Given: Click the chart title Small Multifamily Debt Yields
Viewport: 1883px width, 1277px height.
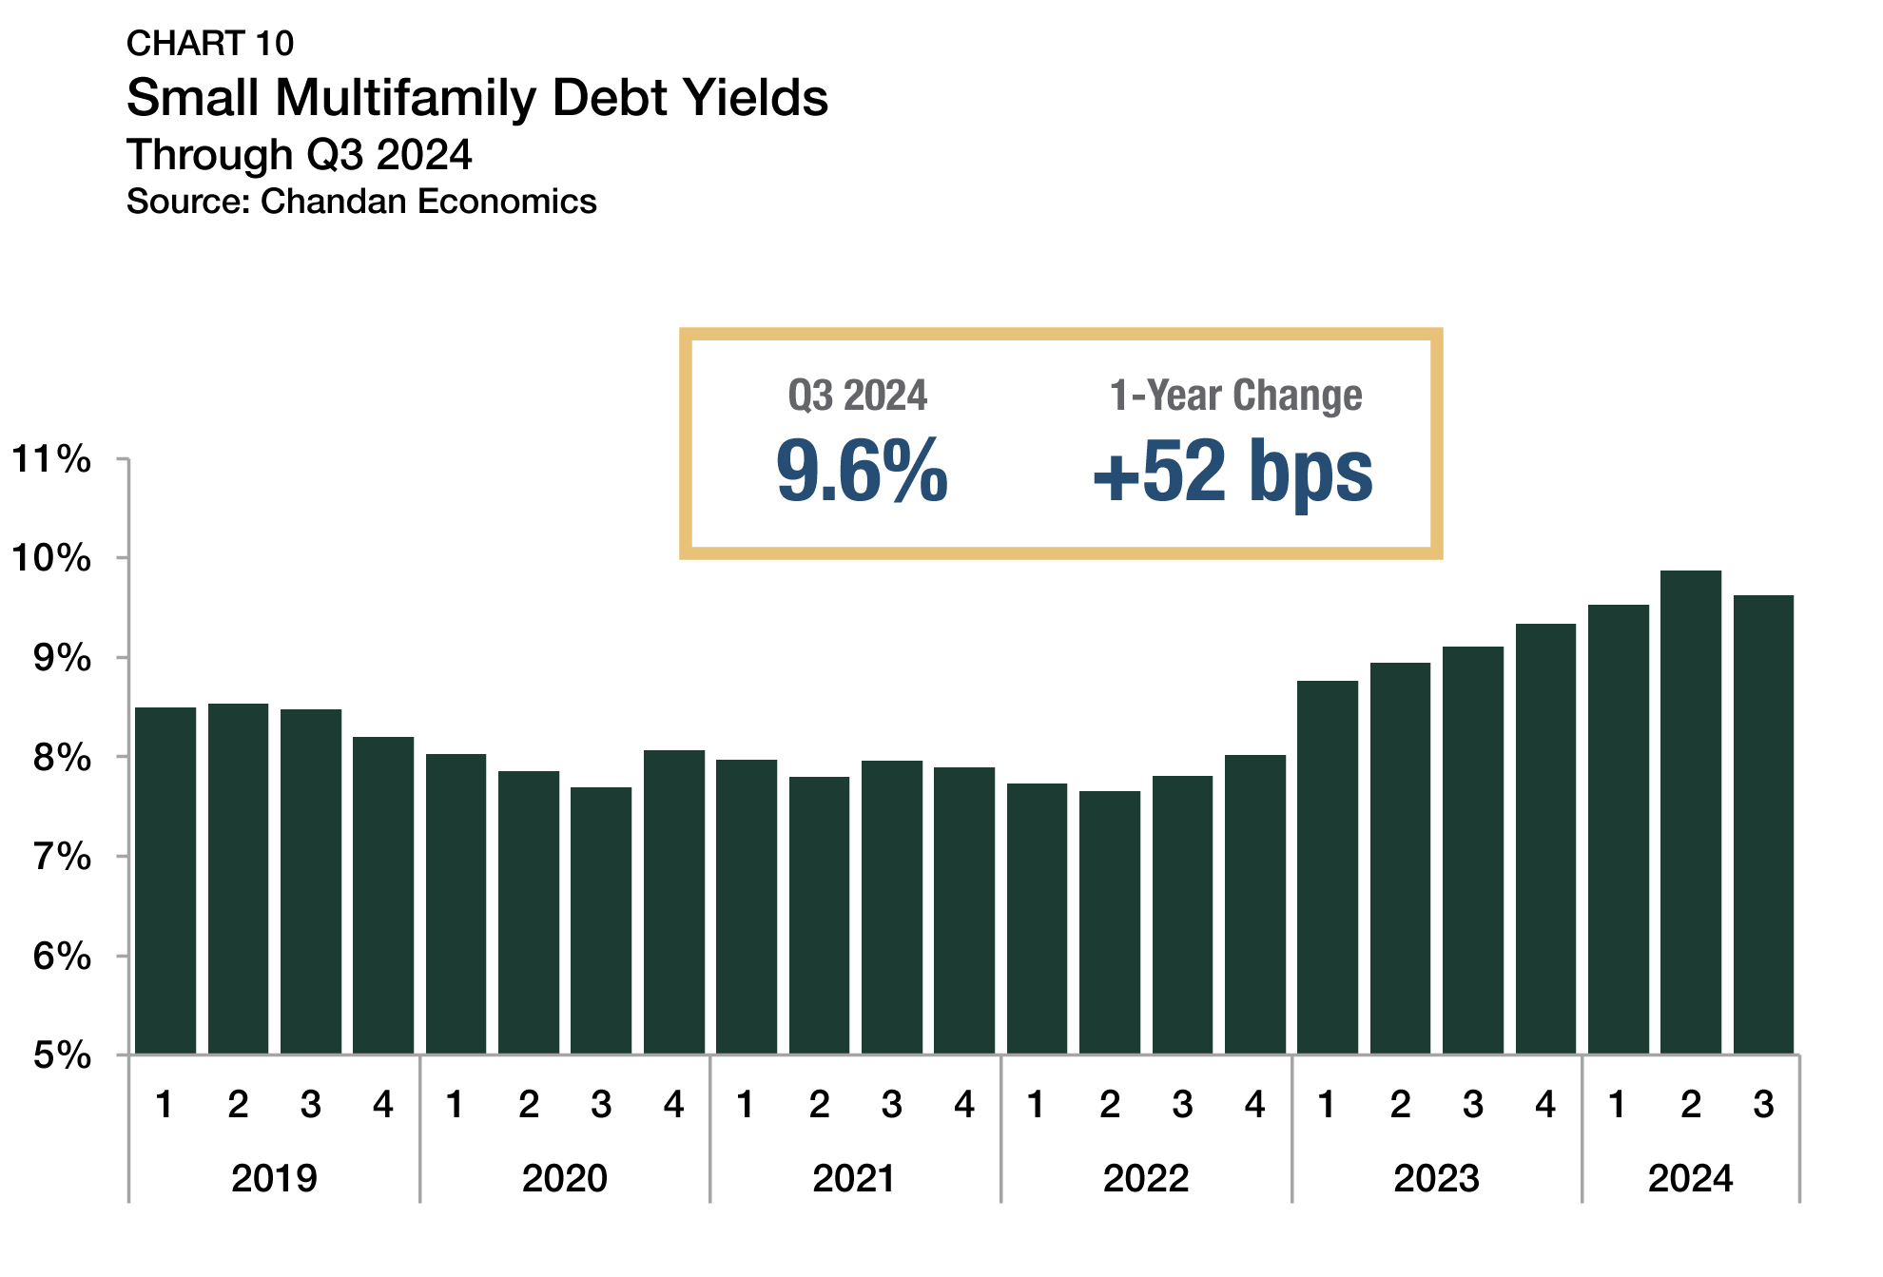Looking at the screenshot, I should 476,98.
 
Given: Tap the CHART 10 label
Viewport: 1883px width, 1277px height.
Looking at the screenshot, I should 210,44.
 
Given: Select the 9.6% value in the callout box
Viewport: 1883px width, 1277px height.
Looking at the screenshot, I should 862,471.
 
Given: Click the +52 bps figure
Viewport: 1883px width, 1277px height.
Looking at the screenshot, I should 1233,471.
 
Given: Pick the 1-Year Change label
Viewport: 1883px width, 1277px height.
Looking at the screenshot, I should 1235,396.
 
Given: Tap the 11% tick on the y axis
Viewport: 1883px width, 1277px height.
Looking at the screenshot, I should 51,459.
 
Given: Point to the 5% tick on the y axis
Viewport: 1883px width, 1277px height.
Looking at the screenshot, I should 62,1054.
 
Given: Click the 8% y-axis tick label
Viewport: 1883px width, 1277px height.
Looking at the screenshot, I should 62,758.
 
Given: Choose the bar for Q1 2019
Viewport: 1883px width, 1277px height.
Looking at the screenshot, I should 165,880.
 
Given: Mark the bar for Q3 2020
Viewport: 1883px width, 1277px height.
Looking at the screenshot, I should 601,919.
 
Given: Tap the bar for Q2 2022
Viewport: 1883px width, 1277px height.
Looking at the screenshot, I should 1110,921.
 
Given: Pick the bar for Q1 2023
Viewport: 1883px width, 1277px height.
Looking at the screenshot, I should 1328,866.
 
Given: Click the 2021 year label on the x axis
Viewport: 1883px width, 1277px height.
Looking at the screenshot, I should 854,1178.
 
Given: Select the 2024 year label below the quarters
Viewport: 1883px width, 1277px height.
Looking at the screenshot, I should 1690,1178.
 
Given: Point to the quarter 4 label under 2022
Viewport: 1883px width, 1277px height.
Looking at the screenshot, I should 1255,1105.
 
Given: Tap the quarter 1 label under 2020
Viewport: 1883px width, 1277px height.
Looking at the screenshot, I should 456,1105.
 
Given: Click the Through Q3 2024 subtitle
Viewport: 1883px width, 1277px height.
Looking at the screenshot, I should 300,154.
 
